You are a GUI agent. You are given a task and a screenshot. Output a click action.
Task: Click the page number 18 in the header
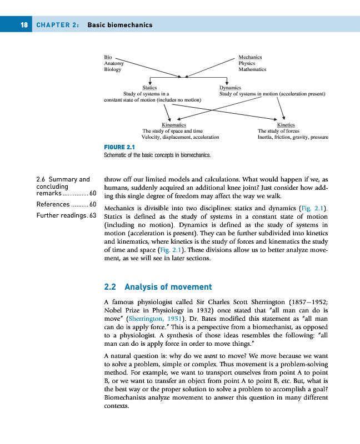[24, 25]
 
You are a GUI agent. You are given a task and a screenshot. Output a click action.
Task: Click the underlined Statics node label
[149, 88]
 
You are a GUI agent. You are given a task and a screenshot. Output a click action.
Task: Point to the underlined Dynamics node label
[230, 88]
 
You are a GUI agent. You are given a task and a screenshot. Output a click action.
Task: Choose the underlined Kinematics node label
[173, 125]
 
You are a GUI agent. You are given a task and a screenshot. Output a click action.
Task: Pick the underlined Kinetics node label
[286, 125]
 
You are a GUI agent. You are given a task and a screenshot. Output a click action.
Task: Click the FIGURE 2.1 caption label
[121, 147]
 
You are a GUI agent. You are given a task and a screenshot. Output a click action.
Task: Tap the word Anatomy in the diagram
[113, 63]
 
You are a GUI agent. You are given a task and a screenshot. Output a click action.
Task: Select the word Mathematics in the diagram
[252, 69]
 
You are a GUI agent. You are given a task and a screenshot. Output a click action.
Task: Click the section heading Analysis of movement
[168, 287]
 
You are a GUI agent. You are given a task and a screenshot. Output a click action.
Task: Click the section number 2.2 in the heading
[111, 287]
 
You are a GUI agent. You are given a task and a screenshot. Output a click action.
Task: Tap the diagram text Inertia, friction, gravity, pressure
[293, 137]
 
